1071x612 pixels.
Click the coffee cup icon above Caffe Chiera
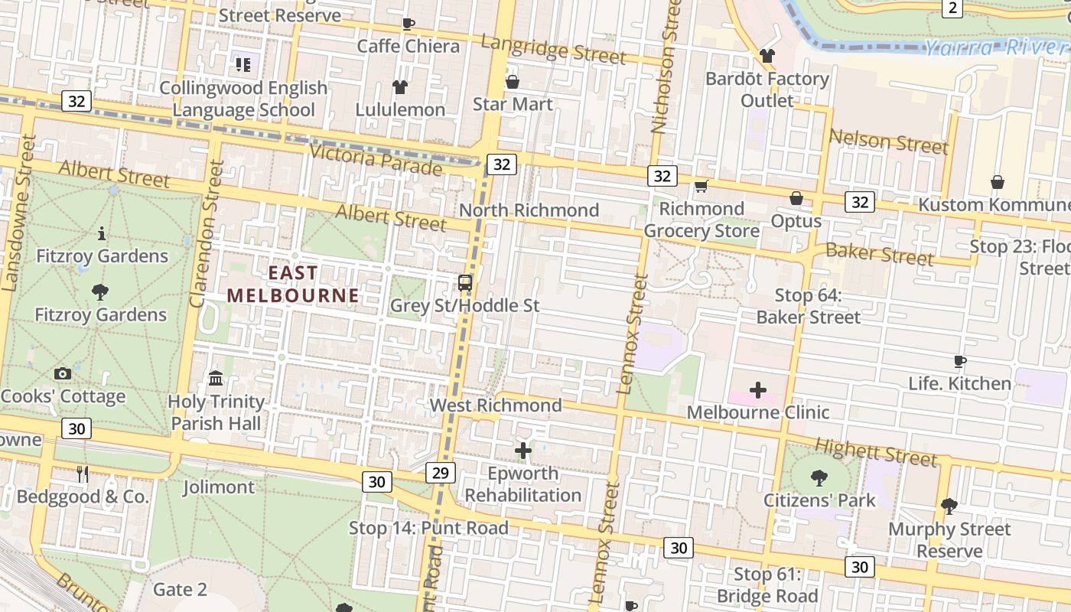(x=409, y=24)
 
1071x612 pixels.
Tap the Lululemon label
(x=400, y=109)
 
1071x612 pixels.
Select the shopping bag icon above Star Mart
(x=513, y=81)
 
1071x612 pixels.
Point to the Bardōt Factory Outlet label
(x=767, y=90)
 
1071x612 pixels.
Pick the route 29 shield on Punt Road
(x=440, y=473)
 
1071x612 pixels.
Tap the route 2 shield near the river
(x=952, y=8)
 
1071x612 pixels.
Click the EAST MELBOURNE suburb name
(x=293, y=285)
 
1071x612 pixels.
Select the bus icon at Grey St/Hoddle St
(x=465, y=283)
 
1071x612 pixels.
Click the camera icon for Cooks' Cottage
(x=63, y=374)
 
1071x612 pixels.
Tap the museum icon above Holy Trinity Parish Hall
(x=216, y=379)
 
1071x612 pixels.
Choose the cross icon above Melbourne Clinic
(x=757, y=390)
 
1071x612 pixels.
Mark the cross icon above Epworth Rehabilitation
(x=523, y=451)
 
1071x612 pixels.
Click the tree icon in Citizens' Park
(x=819, y=478)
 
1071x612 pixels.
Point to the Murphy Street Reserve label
(x=949, y=540)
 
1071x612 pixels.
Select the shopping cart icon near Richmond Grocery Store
(x=701, y=186)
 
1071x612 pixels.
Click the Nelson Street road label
(x=888, y=142)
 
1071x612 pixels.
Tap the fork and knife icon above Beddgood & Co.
(x=83, y=474)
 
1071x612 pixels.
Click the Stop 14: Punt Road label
(x=428, y=528)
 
